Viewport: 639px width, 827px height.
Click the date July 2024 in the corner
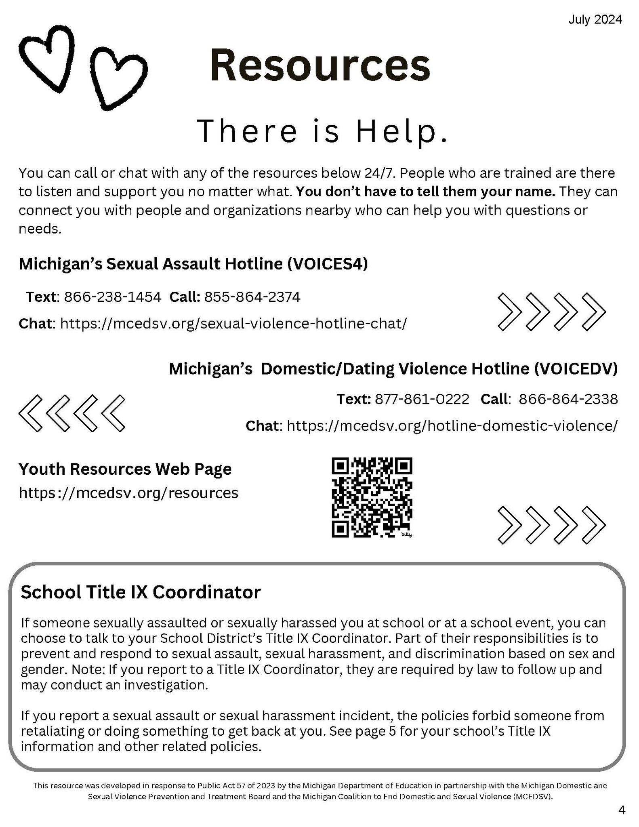tap(595, 19)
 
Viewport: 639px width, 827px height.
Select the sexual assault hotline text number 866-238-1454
tap(113, 297)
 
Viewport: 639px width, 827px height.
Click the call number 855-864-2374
tap(252, 297)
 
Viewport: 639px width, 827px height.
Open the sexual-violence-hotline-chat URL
tap(233, 323)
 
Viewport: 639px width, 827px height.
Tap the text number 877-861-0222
tap(422, 399)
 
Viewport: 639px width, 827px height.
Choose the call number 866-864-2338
tap(568, 399)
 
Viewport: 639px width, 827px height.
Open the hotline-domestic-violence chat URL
tap(452, 425)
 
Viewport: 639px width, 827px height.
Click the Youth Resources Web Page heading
tap(125, 469)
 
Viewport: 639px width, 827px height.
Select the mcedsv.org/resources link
tap(128, 493)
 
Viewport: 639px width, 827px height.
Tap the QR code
tap(372, 497)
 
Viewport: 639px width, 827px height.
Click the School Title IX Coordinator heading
tap(141, 593)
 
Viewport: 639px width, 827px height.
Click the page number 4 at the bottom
tap(622, 810)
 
